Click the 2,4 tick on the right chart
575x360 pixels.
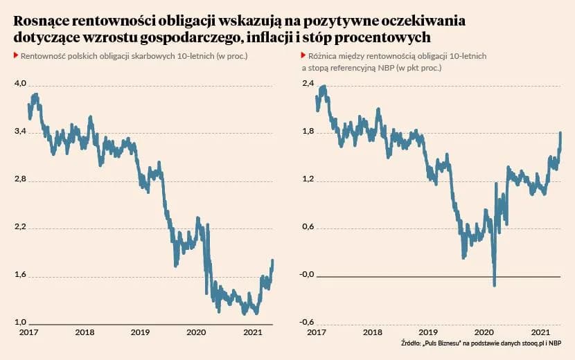[308, 83]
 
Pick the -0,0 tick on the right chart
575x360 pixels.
[306, 275]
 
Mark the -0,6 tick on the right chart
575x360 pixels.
[306, 323]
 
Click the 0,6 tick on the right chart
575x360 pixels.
[308, 227]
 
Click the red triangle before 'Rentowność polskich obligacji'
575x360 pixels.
[16, 55]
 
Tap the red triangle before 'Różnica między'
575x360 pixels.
[303, 55]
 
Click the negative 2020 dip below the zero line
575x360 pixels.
[495, 283]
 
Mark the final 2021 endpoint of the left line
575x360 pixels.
[272, 260]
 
